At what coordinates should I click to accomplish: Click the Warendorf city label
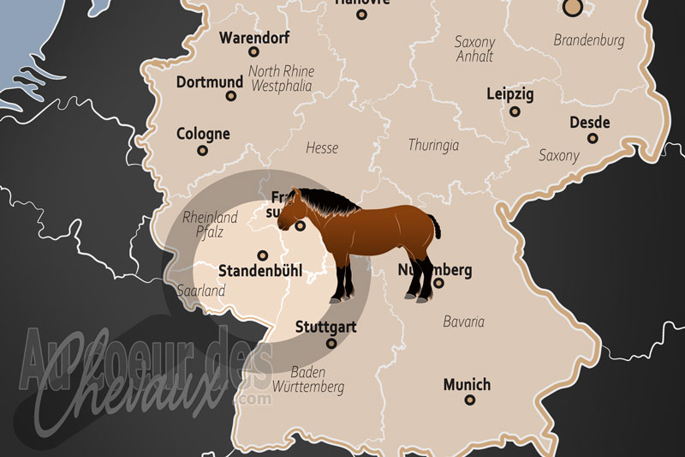254,38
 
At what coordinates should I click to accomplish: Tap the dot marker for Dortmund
230,95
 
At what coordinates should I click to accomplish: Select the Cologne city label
203,134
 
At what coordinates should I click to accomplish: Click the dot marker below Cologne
203,150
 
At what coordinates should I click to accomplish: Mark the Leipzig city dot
515,111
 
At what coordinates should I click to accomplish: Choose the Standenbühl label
260,271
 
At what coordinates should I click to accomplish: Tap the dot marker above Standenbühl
263,255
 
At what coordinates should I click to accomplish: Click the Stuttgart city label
325,327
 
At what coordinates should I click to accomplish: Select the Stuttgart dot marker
331,343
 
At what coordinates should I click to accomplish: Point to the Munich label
467,384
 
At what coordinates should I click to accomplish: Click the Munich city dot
469,400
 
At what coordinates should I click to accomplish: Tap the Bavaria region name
463,322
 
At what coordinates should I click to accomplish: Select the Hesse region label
322,148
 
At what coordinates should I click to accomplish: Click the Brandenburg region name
588,40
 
